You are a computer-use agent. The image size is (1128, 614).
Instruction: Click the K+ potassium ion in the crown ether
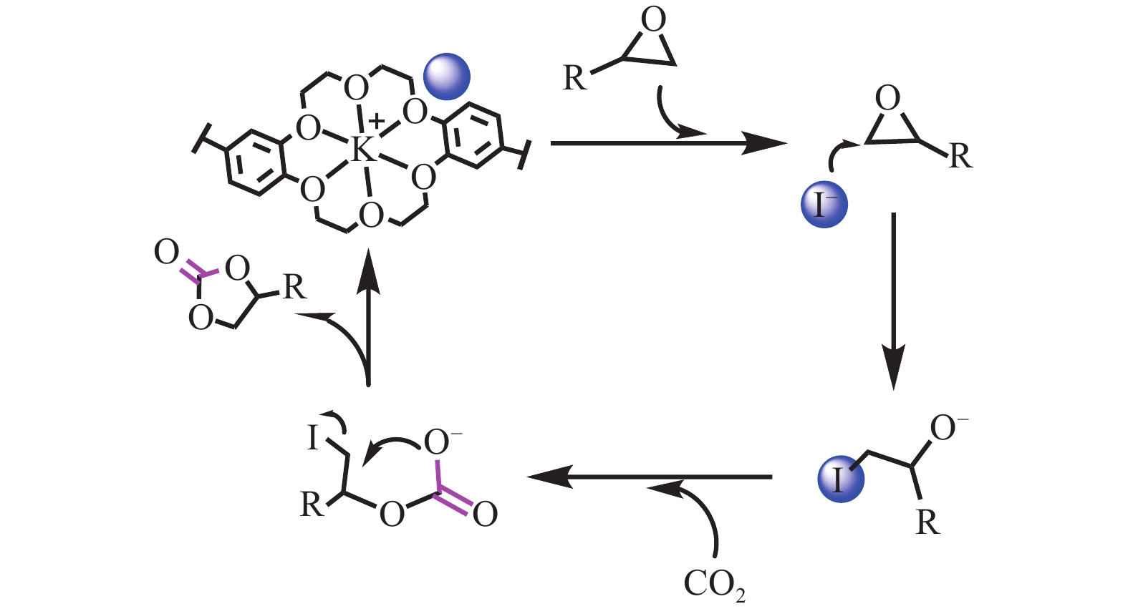coord(362,150)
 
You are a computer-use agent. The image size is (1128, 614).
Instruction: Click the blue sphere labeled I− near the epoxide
coord(824,205)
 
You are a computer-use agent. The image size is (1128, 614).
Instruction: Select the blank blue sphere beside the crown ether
coord(447,77)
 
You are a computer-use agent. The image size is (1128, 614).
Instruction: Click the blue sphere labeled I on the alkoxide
coord(840,479)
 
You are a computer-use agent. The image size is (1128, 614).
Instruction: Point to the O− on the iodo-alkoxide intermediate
coord(947,429)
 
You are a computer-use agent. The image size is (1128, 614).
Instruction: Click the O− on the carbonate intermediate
coord(441,442)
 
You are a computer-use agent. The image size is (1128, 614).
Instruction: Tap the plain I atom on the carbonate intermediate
coord(312,438)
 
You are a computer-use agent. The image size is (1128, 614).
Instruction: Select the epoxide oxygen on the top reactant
coord(653,20)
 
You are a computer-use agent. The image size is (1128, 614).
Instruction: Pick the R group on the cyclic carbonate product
coord(294,287)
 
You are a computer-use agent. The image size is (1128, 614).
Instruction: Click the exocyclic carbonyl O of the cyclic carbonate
coord(166,253)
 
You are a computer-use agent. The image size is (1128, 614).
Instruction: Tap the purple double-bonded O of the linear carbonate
coord(485,514)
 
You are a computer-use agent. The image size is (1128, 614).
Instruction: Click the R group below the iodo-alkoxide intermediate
coord(927,523)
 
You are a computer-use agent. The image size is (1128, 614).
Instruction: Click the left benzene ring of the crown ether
coord(254,163)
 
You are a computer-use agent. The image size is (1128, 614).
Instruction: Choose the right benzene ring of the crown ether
coord(473,136)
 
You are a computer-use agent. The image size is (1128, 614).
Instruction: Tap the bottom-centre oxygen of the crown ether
coord(371,215)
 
